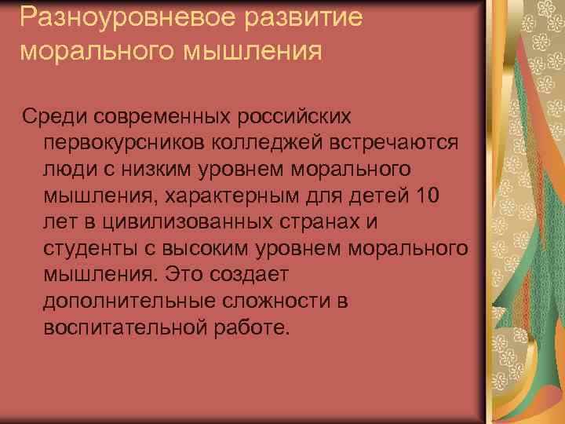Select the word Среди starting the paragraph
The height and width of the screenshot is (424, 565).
tap(55, 116)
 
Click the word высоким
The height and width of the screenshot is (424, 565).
tap(204, 250)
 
